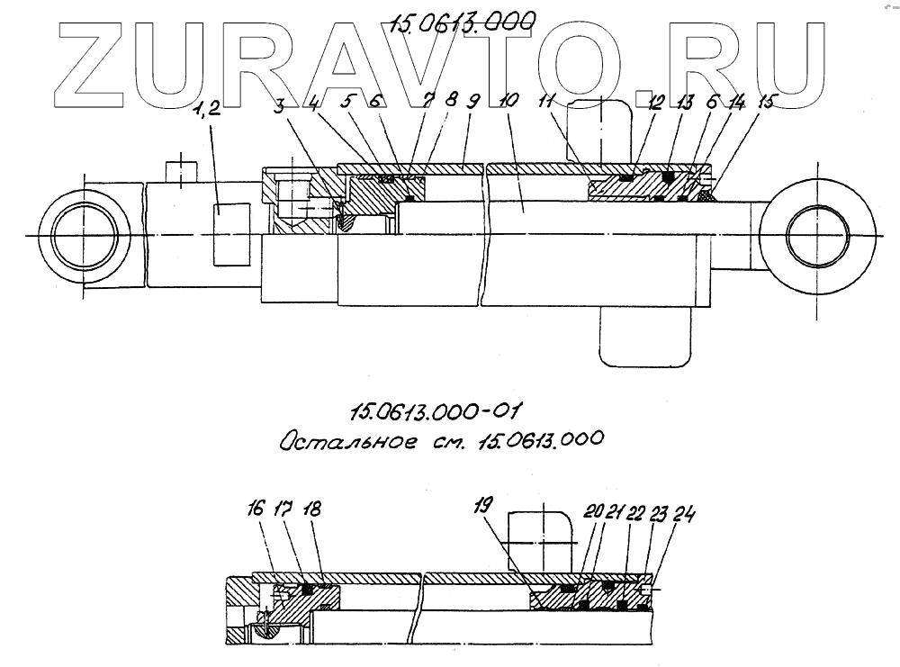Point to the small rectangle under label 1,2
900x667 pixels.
click(231, 234)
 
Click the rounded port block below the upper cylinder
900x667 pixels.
click(646, 337)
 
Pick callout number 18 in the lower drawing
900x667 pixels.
click(311, 509)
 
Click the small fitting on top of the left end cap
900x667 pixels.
click(181, 170)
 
